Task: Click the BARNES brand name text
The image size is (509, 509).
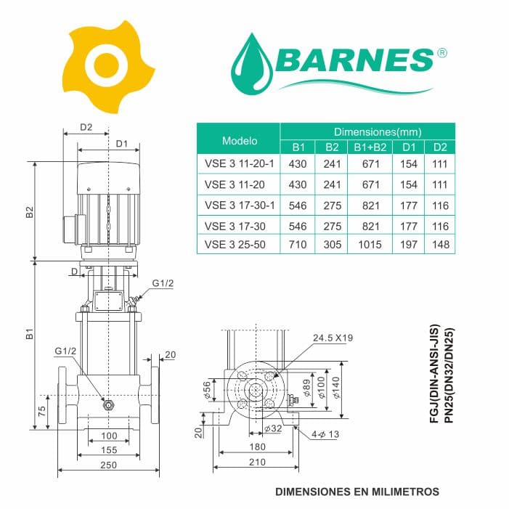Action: click(x=356, y=60)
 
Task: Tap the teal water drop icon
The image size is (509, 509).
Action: click(x=252, y=62)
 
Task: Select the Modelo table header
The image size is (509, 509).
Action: click(x=240, y=141)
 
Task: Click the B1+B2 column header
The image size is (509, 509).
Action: click(x=370, y=147)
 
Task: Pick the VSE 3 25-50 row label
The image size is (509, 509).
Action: click(x=235, y=245)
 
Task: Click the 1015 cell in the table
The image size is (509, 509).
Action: click(x=370, y=245)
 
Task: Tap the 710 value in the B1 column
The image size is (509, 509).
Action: click(x=298, y=245)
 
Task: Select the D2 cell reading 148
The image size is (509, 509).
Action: click(x=441, y=245)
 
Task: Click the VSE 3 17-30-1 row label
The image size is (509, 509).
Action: click(x=240, y=205)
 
